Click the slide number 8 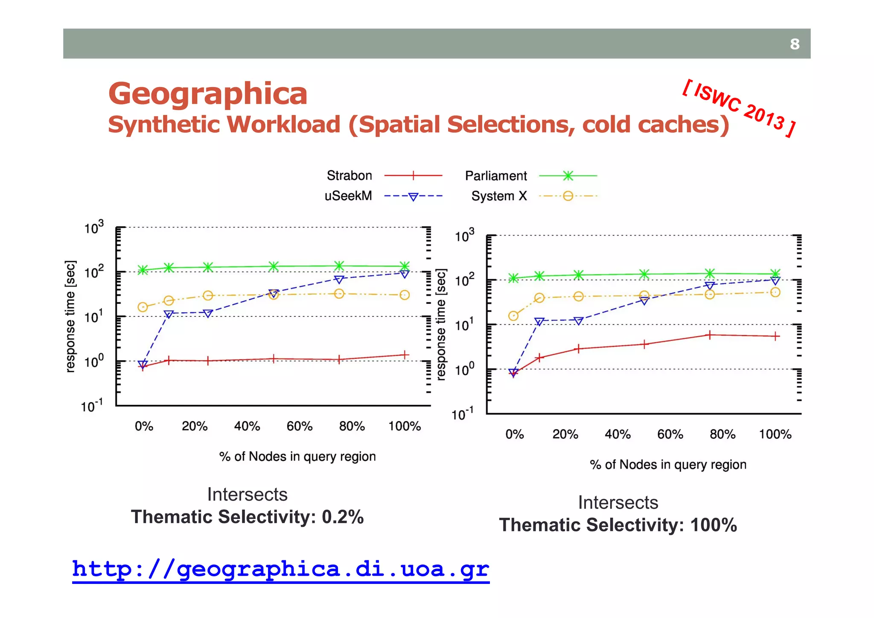click(x=794, y=44)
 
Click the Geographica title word click(x=208, y=94)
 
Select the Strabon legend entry click(x=350, y=175)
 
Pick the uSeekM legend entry click(x=348, y=196)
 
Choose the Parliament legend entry click(x=496, y=176)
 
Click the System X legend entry click(x=499, y=196)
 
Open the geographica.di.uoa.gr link click(x=280, y=569)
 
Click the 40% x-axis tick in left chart click(x=247, y=426)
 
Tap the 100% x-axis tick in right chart click(x=775, y=434)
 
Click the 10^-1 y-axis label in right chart click(x=463, y=414)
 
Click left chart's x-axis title click(x=297, y=456)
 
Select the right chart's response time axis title click(x=441, y=324)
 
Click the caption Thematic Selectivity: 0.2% click(x=247, y=517)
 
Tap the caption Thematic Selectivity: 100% click(x=618, y=525)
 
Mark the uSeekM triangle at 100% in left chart click(x=405, y=274)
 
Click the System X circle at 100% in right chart click(x=775, y=292)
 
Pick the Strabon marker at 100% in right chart click(x=775, y=336)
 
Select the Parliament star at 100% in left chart click(x=405, y=266)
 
